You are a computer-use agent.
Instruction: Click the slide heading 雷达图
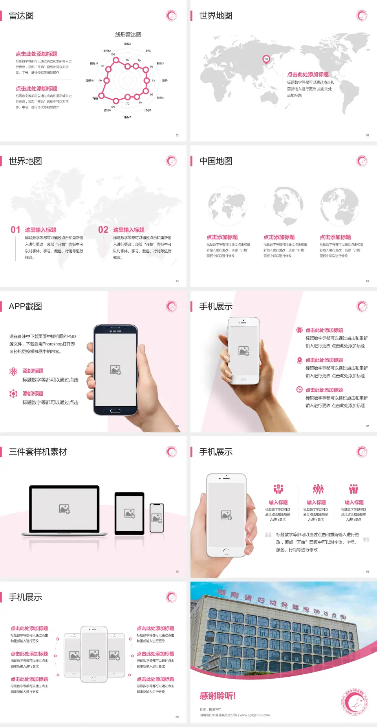click(21, 16)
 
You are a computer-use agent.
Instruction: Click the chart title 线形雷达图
click(128, 35)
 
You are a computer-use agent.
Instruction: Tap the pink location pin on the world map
click(266, 59)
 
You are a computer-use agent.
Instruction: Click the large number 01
click(15, 230)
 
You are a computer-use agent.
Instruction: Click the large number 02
click(103, 230)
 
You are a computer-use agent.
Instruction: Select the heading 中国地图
click(216, 161)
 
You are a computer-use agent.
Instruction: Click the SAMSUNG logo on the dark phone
click(115, 331)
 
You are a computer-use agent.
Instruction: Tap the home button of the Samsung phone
click(115, 411)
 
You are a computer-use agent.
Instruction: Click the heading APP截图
click(26, 307)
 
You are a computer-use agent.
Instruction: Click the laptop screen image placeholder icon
click(64, 509)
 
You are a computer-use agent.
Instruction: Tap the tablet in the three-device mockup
click(130, 513)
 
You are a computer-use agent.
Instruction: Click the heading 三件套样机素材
click(38, 452)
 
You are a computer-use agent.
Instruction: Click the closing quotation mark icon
click(366, 540)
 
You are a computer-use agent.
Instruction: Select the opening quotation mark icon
click(268, 535)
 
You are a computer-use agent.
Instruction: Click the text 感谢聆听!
click(218, 696)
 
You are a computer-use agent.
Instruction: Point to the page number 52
click(177, 135)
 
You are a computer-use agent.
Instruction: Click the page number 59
click(368, 571)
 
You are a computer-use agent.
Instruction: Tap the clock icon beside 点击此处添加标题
click(299, 389)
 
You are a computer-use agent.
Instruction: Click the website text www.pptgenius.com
click(254, 715)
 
